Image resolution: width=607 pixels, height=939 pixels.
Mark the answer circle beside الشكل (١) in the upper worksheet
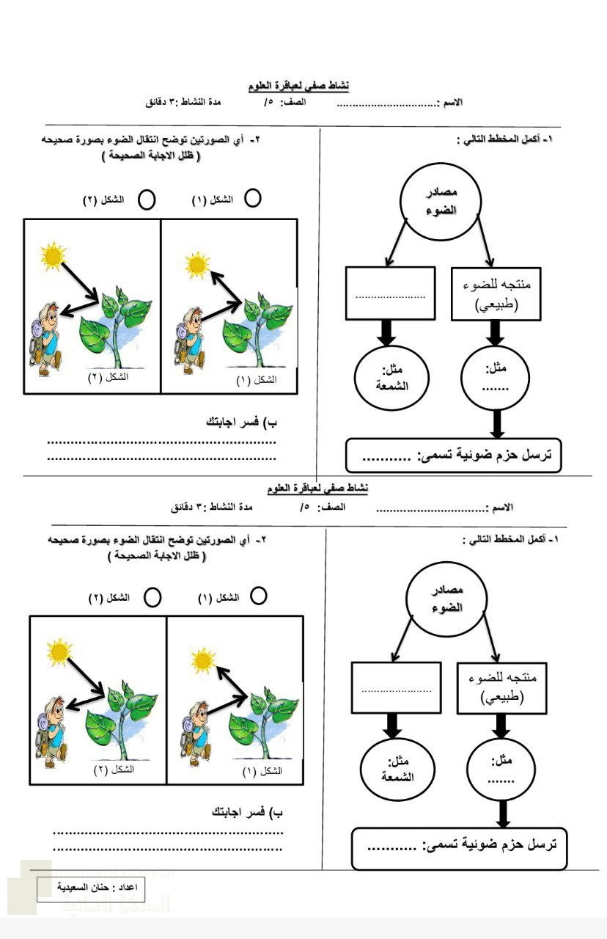pyautogui.click(x=252, y=198)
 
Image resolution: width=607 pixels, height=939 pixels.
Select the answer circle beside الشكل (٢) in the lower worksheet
pyautogui.click(x=152, y=597)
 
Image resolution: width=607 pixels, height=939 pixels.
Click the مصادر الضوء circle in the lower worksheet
pyautogui.click(x=444, y=600)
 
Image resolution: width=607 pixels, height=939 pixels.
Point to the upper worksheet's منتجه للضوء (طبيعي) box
pyautogui.click(x=496, y=293)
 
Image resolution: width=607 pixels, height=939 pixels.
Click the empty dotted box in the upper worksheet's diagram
pyautogui.click(x=390, y=293)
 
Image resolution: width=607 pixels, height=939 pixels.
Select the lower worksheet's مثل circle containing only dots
pyautogui.click(x=501, y=767)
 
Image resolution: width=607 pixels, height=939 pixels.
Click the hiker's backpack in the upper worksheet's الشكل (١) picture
pyautogui.click(x=183, y=335)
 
